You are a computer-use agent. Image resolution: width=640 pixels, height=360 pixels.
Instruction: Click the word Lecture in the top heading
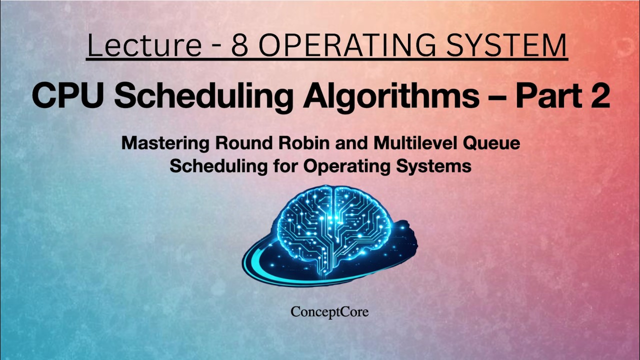point(144,45)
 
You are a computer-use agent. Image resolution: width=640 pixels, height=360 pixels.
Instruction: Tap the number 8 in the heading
point(242,45)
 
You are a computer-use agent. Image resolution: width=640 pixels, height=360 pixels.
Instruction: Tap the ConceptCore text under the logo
point(329,312)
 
